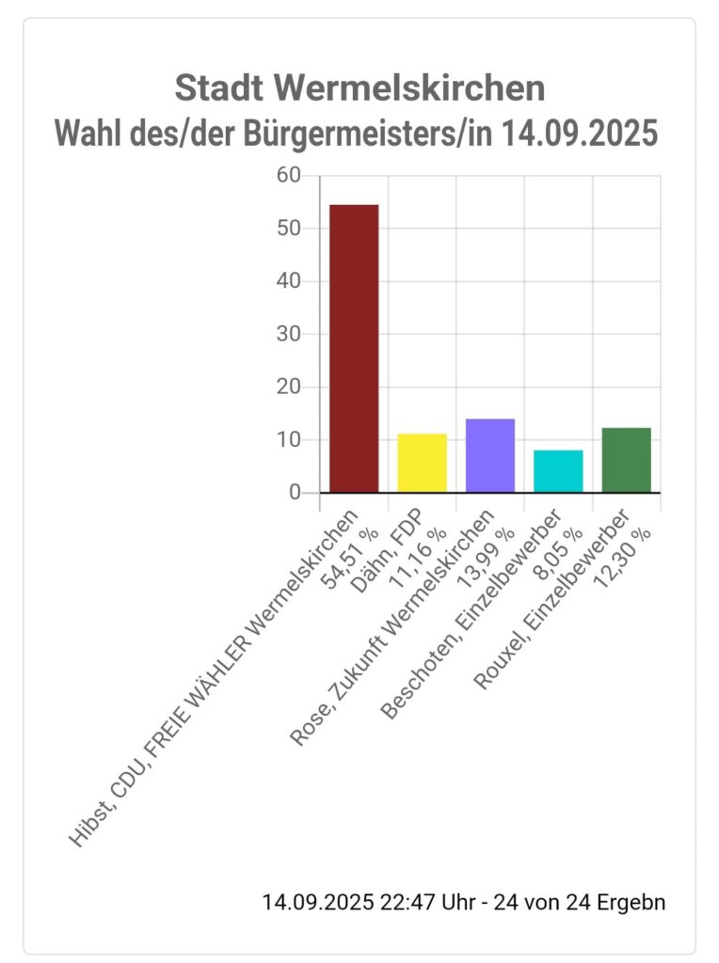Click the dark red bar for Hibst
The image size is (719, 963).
[x=354, y=348]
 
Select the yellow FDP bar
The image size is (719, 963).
[x=422, y=463]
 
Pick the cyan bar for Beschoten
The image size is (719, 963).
[x=558, y=470]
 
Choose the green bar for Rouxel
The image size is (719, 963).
[x=626, y=460]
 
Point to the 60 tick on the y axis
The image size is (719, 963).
[x=289, y=176]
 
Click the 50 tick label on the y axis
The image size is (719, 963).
[x=289, y=229]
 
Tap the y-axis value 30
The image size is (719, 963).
[x=289, y=334]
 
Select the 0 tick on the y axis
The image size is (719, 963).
[x=296, y=493]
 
